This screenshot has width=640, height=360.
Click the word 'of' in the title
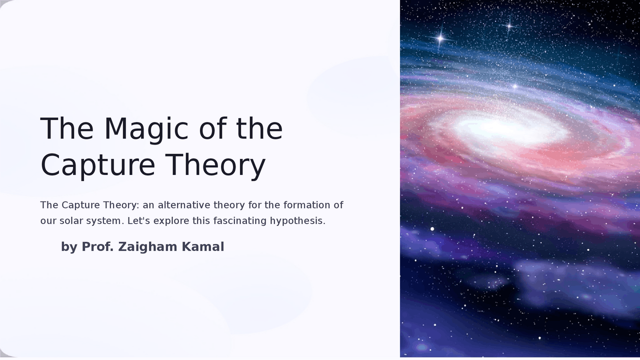pyautogui.click(x=215, y=128)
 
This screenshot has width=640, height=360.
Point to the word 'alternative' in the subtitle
pyautogui.click(x=184, y=205)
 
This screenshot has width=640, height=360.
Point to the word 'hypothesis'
pyautogui.click(x=297, y=220)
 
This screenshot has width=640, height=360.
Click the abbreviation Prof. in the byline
pyautogui.click(x=98, y=247)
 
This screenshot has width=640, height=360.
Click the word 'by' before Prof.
pyautogui.click(x=69, y=247)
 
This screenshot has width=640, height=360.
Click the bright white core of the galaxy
pyautogui.click(x=505, y=127)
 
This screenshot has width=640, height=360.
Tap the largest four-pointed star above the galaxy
pyautogui.click(x=440, y=38)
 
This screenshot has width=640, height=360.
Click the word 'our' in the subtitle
pyautogui.click(x=48, y=220)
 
